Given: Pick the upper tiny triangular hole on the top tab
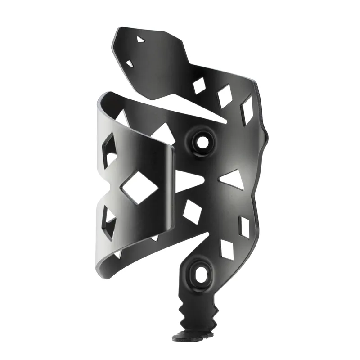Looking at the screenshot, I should click(x=141, y=40).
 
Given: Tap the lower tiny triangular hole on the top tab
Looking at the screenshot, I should click(x=130, y=63).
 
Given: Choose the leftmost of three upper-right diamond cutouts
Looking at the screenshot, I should click(x=199, y=85).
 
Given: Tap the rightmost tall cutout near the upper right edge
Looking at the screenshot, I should click(x=247, y=110).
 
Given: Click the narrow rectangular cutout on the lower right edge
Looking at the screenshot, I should click(x=245, y=227).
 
